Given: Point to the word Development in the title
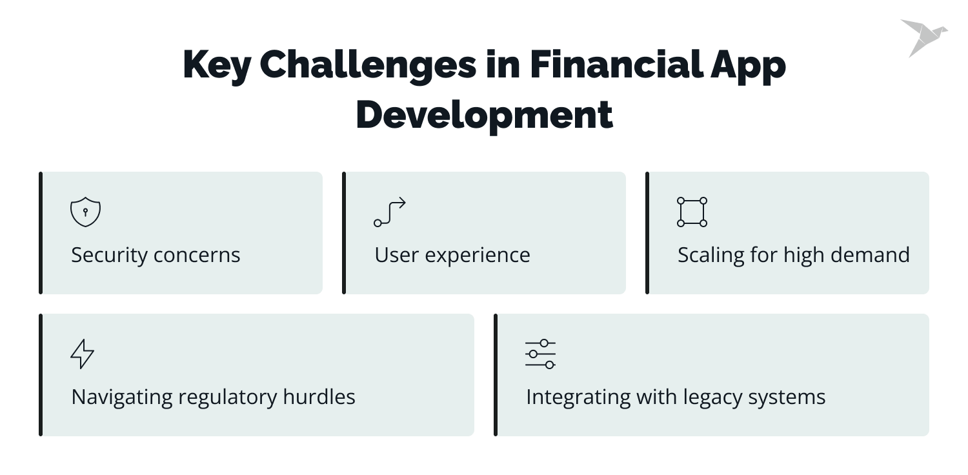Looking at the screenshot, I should (x=484, y=115).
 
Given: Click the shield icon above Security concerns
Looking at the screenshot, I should (x=85, y=212).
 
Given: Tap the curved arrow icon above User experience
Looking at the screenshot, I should (x=390, y=212).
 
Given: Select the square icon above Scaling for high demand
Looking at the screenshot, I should (x=692, y=212).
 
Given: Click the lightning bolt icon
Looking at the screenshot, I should (x=82, y=354).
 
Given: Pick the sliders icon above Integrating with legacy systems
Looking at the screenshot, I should (x=540, y=354).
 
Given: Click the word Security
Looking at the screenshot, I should (x=109, y=255).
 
